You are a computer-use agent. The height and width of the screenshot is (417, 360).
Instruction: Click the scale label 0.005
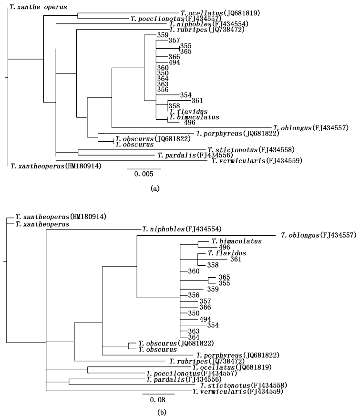pos(144,175)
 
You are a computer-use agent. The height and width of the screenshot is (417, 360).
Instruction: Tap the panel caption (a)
pos(154,189)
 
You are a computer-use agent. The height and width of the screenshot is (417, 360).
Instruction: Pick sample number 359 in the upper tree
pos(163,35)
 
